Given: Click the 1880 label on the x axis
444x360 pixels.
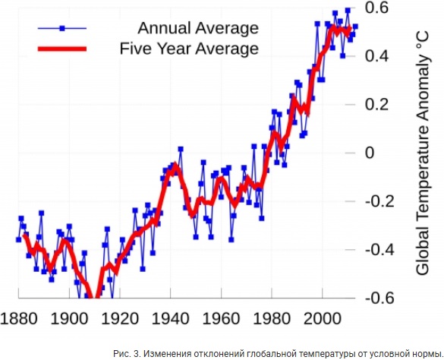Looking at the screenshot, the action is [19, 319].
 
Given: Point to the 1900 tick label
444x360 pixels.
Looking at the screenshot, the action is [69, 319].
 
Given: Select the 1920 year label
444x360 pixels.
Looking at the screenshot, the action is [120, 319].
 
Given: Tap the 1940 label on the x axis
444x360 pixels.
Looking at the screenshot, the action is [171, 319].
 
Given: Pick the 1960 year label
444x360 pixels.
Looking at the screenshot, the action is [221, 319].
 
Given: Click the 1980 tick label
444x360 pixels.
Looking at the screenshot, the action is [272, 319].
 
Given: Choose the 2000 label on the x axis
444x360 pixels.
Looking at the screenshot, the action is [323, 319].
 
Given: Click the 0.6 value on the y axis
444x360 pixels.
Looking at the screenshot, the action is [376, 8].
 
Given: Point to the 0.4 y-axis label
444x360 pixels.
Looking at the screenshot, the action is [376, 56].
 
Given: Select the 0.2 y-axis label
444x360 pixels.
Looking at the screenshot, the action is [376, 104].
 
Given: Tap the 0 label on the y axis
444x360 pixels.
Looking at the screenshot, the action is [370, 153].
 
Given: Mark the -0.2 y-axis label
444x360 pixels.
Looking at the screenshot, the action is [379, 201].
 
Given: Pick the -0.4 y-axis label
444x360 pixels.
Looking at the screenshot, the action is [379, 250].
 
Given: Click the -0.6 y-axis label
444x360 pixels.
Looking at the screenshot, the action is [379, 298].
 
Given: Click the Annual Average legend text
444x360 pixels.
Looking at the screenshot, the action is [198, 28].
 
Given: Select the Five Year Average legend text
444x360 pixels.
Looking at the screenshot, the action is [189, 49].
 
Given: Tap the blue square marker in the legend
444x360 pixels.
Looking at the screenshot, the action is [62, 28].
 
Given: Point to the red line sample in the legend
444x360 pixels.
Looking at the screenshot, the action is [62, 49].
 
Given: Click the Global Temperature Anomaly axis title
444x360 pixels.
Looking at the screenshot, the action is [423, 153].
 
